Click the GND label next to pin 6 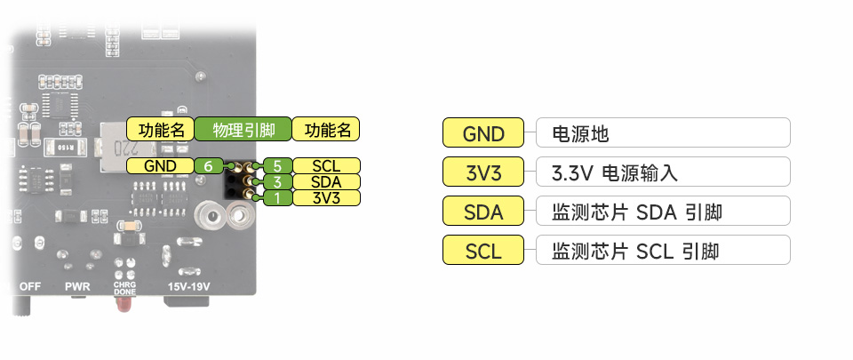tap(160, 166)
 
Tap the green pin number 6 tap(208, 166)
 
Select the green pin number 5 tap(277, 166)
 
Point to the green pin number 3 tap(277, 182)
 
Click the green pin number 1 tap(277, 197)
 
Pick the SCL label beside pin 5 tap(326, 166)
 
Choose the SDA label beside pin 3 tap(326, 182)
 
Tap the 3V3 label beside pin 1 tap(326, 197)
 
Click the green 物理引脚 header tap(243, 130)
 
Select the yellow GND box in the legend tap(484, 133)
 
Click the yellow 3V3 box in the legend tap(484, 172)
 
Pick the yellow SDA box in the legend tap(484, 212)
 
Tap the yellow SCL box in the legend tap(484, 251)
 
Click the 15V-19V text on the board tap(188, 287)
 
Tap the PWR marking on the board tap(77, 287)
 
